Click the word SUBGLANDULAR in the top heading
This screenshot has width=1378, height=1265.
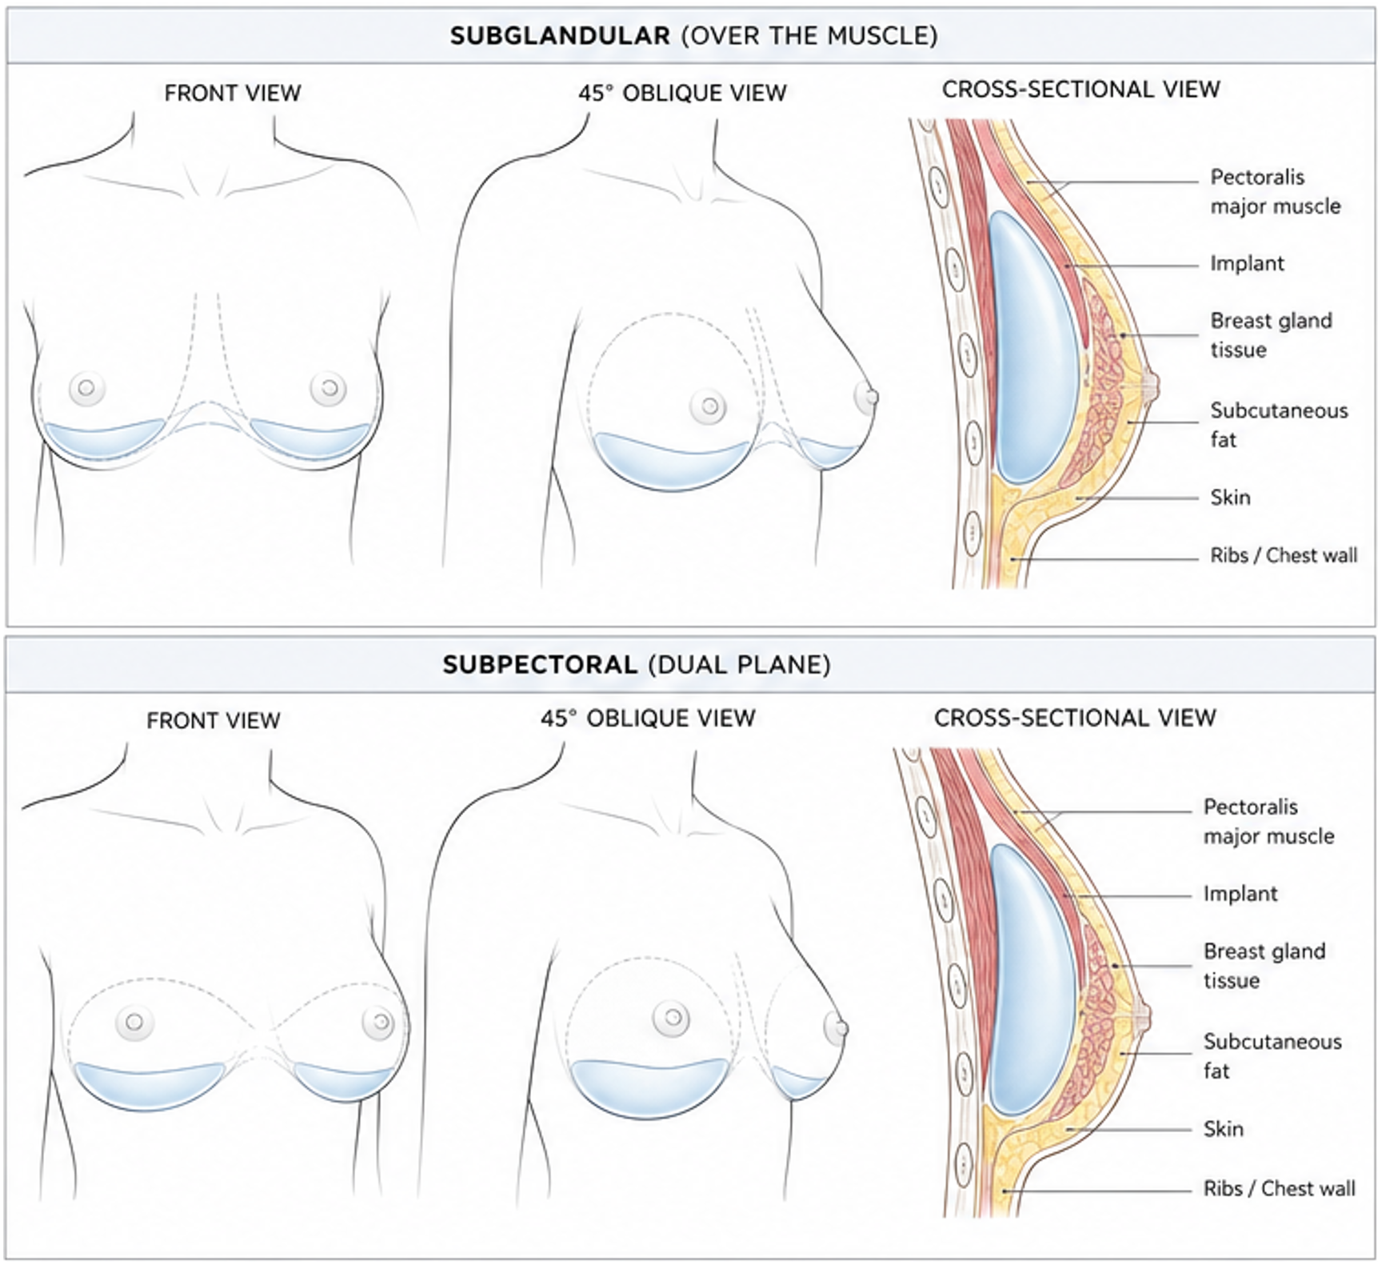pos(560,36)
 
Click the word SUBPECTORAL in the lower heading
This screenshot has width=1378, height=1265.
pos(541,665)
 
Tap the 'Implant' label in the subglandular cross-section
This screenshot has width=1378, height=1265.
pos(1247,263)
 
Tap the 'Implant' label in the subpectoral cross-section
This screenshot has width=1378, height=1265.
pos(1240,894)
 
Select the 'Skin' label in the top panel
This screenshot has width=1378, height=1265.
pos(1230,497)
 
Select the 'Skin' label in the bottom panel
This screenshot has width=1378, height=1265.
pos(1224,1128)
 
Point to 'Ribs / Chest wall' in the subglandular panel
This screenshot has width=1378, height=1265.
pos(1284,555)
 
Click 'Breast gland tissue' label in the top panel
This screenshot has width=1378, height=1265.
pos(1271,335)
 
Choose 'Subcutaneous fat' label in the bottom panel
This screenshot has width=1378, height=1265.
pos(1272,1056)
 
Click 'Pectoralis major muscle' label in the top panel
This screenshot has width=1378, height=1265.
pos(1276,191)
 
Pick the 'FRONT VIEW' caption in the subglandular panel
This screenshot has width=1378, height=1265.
pos(233,94)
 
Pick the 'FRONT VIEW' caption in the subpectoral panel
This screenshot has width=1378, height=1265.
pos(214,721)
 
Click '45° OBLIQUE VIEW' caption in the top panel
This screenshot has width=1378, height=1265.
pos(682,93)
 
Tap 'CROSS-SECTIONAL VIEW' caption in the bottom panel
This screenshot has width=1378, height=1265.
pos(1075,718)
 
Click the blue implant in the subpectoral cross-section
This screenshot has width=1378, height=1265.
pos(1033,980)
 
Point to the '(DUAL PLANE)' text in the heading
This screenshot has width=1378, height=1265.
pos(740,665)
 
